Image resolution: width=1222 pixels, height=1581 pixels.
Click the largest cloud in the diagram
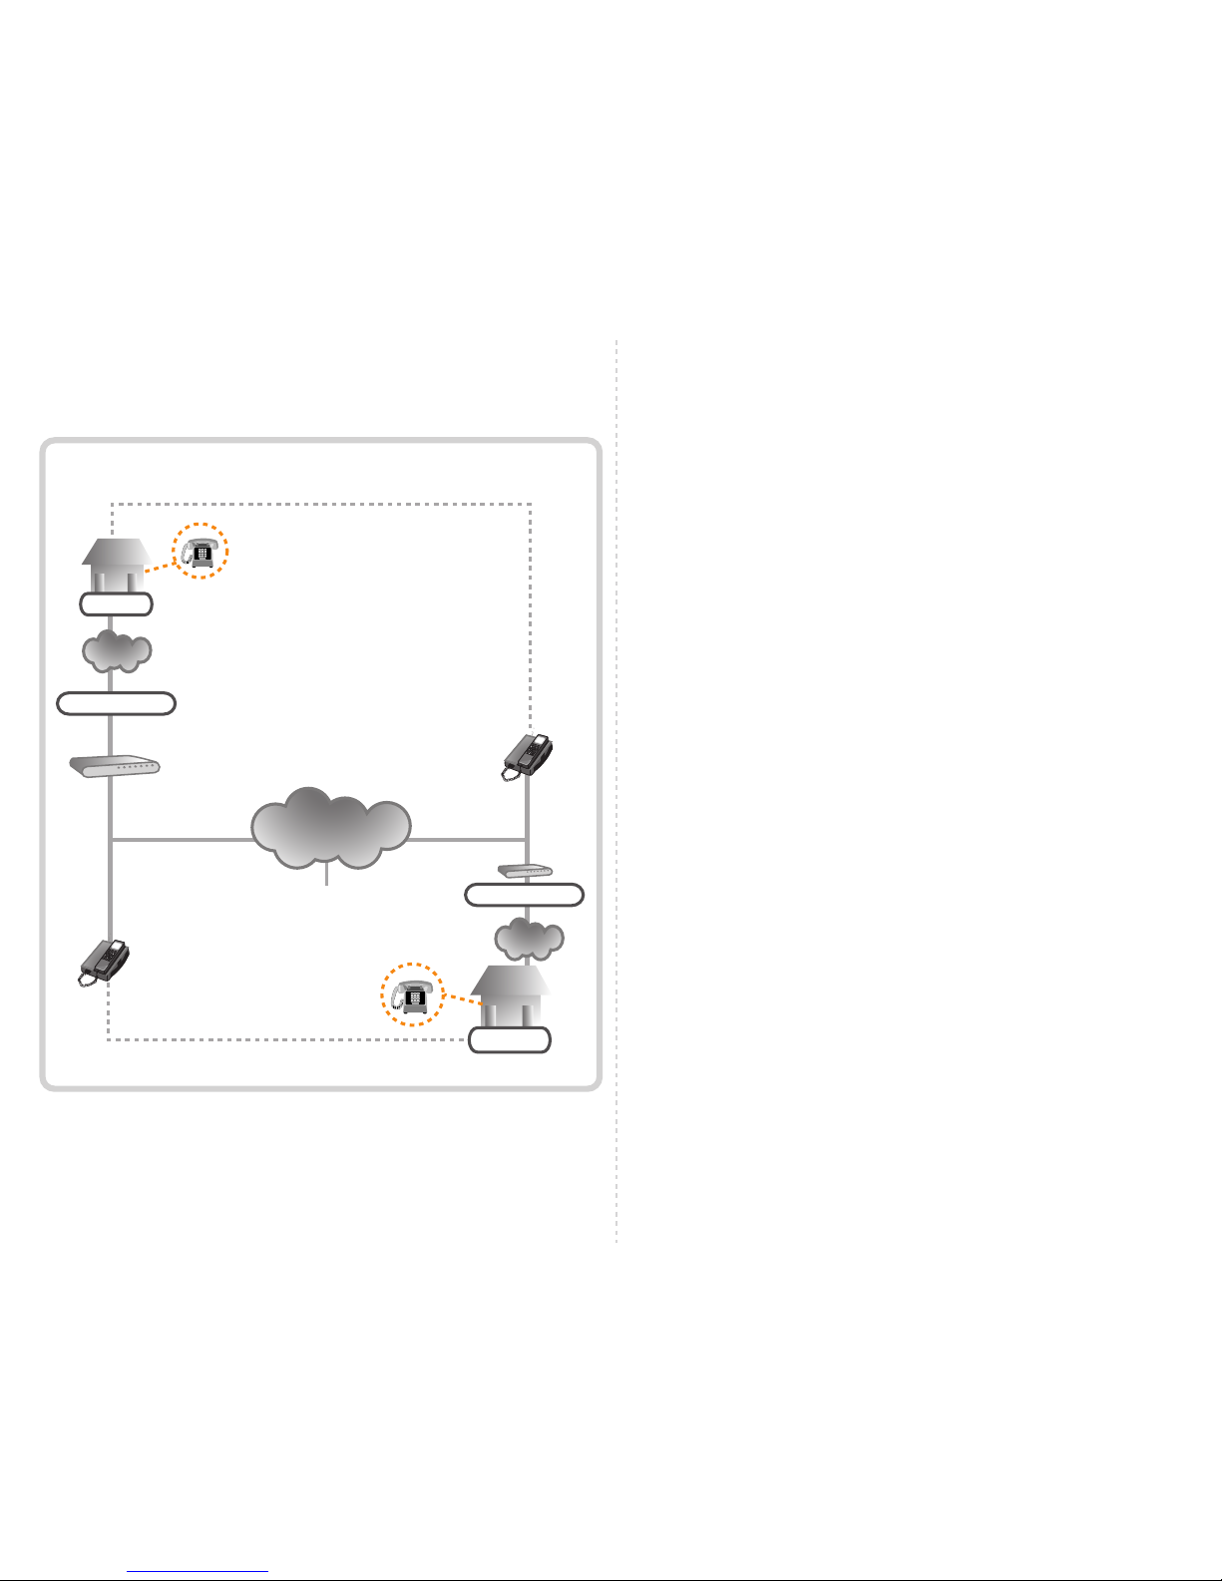point(330,829)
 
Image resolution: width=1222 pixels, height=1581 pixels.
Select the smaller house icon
point(116,567)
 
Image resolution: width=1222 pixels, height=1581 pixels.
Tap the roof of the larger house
point(510,980)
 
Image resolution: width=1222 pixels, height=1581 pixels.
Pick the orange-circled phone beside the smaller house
point(201,551)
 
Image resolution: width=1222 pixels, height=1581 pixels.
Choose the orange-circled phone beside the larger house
point(413,994)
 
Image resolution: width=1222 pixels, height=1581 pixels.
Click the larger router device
point(114,766)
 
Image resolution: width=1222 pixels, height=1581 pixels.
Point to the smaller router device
point(525,871)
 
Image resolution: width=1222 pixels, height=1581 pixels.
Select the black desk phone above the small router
point(528,755)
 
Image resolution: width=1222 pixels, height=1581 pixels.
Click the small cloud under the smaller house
point(116,650)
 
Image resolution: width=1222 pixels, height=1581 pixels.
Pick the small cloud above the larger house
point(529,939)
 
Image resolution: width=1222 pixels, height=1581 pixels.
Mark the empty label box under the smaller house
point(116,603)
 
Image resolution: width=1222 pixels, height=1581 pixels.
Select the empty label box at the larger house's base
point(510,1039)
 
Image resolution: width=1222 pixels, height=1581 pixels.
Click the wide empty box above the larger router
point(116,703)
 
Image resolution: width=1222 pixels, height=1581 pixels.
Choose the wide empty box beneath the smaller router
point(525,895)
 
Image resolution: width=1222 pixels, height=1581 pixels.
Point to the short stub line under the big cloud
point(326,877)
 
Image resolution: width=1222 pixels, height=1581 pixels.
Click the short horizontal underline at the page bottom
point(198,1572)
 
